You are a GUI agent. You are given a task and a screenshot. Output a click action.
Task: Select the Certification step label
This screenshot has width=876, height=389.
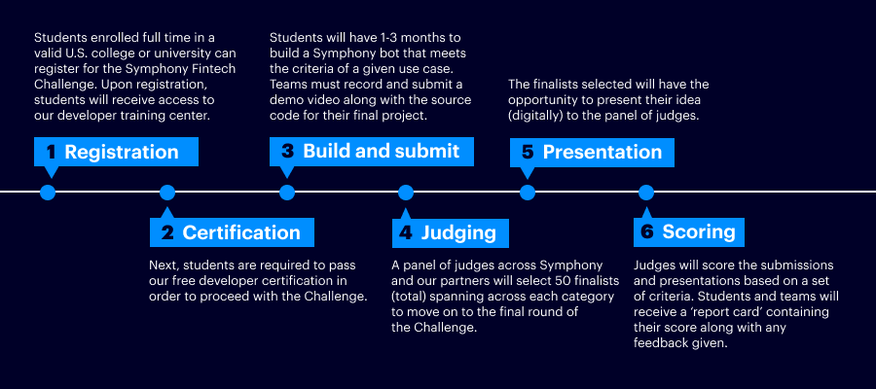tap(232, 232)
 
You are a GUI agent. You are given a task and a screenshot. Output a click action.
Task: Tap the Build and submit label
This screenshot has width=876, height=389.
tap(372, 152)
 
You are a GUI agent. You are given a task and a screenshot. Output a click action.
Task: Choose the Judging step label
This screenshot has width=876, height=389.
tap(451, 232)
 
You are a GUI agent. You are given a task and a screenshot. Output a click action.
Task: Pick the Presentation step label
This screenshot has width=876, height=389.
tap(592, 153)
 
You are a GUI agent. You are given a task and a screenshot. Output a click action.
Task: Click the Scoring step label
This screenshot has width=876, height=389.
tap(689, 232)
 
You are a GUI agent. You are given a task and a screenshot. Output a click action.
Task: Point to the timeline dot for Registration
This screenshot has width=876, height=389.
tap(48, 193)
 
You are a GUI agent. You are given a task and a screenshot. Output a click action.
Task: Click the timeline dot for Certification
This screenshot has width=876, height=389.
tap(167, 193)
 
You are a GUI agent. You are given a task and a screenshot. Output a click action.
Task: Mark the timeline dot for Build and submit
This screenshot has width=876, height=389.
tap(286, 193)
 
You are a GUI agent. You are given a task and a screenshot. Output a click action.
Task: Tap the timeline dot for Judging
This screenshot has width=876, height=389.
tap(406, 193)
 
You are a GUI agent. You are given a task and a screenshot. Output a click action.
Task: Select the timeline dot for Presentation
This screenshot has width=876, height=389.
tap(527, 193)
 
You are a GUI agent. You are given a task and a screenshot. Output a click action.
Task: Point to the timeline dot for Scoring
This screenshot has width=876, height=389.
tap(646, 193)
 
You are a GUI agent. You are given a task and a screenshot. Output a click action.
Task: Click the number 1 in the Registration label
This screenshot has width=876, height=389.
tap(52, 153)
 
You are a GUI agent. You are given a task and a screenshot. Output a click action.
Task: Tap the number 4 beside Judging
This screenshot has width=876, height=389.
tap(406, 232)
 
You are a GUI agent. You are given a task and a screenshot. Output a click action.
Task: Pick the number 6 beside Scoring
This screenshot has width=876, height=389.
tap(647, 232)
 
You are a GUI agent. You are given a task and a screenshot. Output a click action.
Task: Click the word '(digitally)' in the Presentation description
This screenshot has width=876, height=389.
tap(533, 116)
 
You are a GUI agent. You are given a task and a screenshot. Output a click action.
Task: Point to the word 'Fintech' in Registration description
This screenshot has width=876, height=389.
tap(217, 69)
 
